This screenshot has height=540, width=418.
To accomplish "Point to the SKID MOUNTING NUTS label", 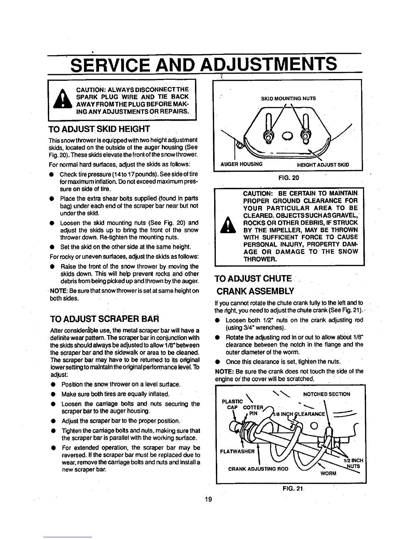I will pyautogui.click(x=288, y=99).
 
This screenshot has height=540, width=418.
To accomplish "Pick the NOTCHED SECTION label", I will pyautogui.click(x=326, y=394).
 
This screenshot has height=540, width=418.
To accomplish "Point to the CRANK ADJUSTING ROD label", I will pyautogui.click(x=258, y=468).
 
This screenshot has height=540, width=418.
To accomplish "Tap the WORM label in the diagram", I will pyautogui.click(x=328, y=474).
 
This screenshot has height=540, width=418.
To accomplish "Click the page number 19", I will pyautogui.click(x=209, y=500).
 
